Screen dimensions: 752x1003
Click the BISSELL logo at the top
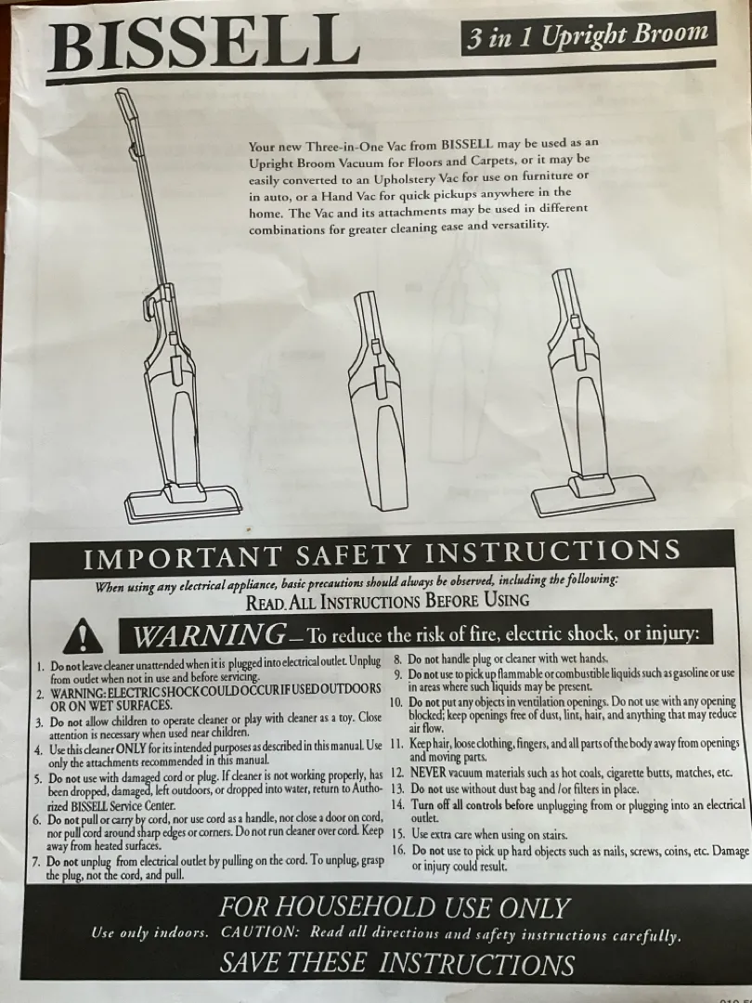(x=203, y=44)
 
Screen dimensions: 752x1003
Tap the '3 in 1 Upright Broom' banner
(x=589, y=34)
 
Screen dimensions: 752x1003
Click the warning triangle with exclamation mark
(x=83, y=635)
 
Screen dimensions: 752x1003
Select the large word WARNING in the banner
(x=210, y=634)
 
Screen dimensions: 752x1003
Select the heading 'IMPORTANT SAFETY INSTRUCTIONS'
(x=382, y=554)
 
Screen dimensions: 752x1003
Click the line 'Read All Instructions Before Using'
(x=387, y=601)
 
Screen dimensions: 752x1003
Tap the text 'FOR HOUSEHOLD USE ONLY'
(x=395, y=907)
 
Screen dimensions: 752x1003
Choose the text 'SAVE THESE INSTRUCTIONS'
(x=397, y=963)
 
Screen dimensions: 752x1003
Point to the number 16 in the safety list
(x=399, y=850)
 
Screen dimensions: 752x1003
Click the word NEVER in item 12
(x=428, y=772)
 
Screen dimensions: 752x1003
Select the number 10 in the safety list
(x=395, y=702)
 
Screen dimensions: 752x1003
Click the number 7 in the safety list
(x=36, y=861)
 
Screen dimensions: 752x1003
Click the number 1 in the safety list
(x=40, y=666)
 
